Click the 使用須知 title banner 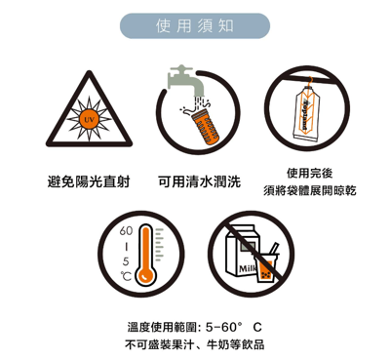[194, 24]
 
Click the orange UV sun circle [88, 119]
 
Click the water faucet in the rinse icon [182, 78]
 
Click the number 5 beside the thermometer [125, 261]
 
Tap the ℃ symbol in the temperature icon [125, 277]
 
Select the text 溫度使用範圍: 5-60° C [195, 326]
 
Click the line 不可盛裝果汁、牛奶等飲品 [195, 345]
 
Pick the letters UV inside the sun [88, 119]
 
